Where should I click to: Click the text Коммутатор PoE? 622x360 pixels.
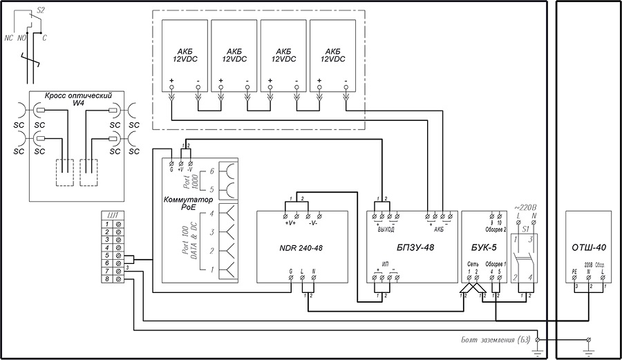tap(184, 202)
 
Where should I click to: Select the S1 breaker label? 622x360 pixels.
tap(525, 227)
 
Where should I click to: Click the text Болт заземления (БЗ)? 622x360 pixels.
tap(496, 339)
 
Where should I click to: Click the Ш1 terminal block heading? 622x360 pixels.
tap(113, 214)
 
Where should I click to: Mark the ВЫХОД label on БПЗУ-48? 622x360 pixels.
tap(385, 229)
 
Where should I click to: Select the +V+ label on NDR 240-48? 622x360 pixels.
tap(290, 222)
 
